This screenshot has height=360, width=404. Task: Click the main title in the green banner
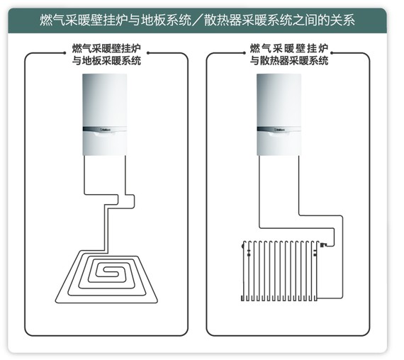click(x=197, y=20)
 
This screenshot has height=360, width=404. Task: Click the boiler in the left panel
click(x=105, y=115)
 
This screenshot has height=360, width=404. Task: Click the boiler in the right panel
click(x=279, y=115)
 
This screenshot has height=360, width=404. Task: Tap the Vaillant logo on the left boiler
click(x=104, y=130)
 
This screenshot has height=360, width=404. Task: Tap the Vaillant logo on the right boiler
click(x=279, y=130)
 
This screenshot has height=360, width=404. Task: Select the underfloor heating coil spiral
click(x=106, y=276)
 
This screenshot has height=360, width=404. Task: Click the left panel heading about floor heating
click(x=106, y=55)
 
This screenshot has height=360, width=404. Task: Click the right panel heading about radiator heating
click(x=289, y=55)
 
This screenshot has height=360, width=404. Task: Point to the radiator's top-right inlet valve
click(x=323, y=244)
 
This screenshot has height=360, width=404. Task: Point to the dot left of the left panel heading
click(x=64, y=53)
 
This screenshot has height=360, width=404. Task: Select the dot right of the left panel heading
click(x=148, y=53)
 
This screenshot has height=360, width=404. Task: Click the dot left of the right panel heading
click(x=245, y=53)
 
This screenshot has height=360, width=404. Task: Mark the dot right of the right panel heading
click(x=332, y=53)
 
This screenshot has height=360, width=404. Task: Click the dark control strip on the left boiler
click(x=105, y=130)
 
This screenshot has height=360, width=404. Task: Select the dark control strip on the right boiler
click(x=279, y=130)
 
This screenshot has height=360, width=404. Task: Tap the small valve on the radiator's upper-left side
click(x=249, y=253)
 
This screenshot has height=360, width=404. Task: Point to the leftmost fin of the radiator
click(x=243, y=271)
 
